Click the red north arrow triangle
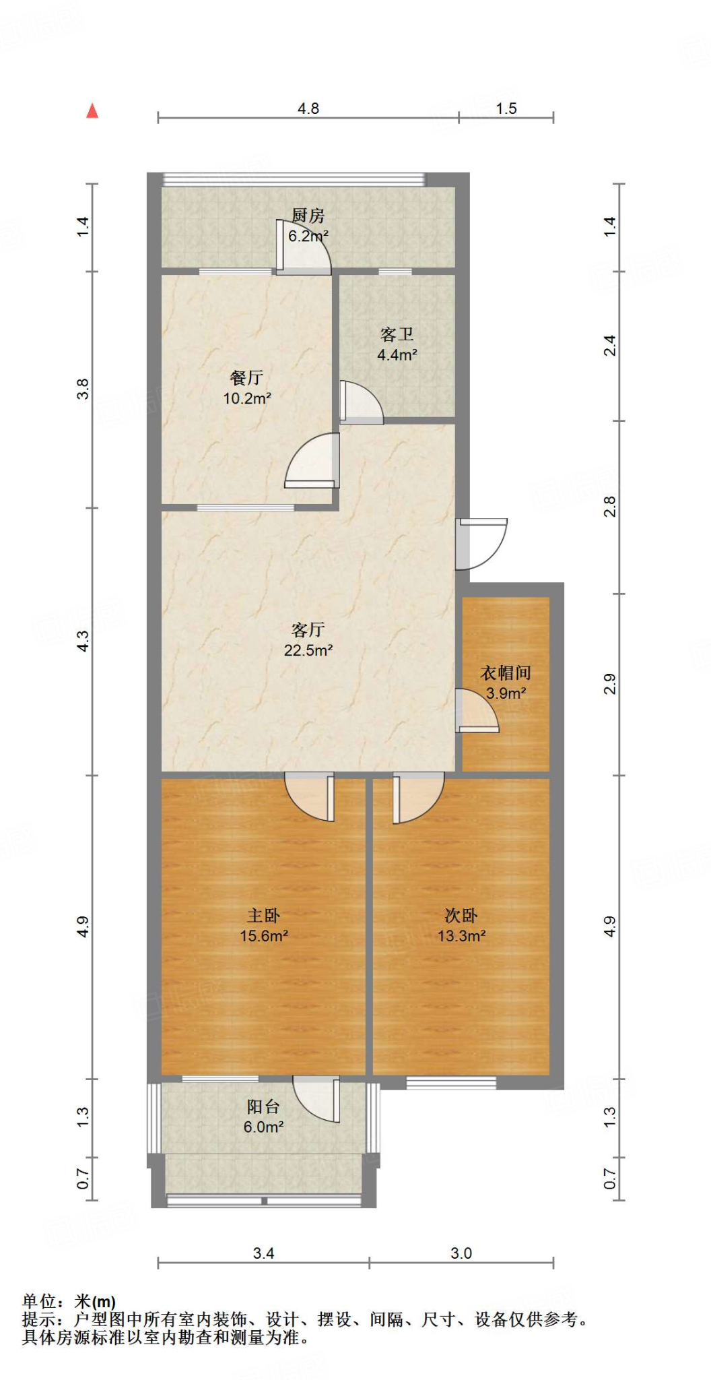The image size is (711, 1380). click(x=92, y=111)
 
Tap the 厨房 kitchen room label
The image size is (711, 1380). click(x=308, y=216)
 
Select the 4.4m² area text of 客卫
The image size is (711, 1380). click(x=397, y=355)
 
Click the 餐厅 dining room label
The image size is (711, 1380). click(x=246, y=377)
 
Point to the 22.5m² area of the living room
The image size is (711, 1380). click(x=308, y=650)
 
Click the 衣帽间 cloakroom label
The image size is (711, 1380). click(x=506, y=672)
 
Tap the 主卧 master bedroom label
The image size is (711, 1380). click(x=263, y=915)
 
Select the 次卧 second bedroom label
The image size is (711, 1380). click(x=461, y=915)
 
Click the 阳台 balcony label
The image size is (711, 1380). click(x=263, y=1106)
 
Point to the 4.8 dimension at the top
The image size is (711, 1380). click(x=308, y=108)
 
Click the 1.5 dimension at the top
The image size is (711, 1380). click(x=506, y=108)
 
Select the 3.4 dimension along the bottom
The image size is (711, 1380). click(x=263, y=1253)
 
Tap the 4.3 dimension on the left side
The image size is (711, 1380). click(x=83, y=640)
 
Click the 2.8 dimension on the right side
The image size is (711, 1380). click(x=609, y=506)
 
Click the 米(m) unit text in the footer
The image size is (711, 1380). click(x=95, y=1302)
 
